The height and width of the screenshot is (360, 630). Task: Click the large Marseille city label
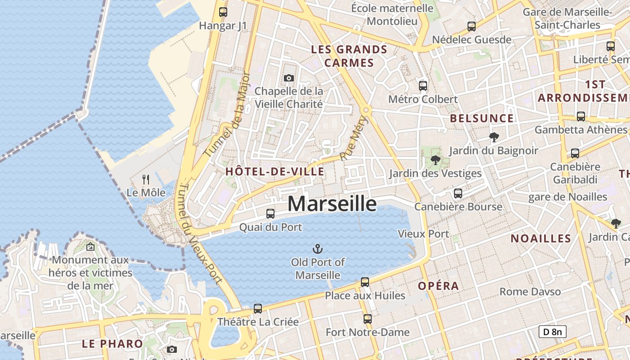(332, 204)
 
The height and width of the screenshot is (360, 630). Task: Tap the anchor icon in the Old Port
(318, 248)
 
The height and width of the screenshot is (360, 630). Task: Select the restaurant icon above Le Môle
(146, 180)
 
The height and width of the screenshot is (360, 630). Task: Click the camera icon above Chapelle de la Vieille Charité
(289, 78)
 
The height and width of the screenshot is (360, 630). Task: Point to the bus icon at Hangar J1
(223, 12)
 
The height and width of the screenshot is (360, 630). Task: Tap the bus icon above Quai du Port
(270, 214)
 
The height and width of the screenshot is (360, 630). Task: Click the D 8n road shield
(552, 332)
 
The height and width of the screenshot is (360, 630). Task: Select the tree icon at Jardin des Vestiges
(435, 160)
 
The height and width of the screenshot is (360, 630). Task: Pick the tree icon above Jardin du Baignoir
(494, 137)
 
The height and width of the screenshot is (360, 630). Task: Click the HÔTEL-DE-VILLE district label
(274, 171)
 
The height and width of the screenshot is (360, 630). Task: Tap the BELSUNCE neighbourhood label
(482, 118)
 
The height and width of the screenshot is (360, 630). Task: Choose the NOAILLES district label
(541, 238)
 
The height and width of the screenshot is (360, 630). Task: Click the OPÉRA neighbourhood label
(438, 286)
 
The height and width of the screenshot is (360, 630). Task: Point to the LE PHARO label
(112, 344)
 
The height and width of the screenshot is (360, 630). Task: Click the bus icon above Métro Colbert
(423, 85)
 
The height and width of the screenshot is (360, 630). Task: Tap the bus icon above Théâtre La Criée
(258, 308)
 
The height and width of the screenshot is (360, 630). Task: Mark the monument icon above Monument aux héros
(90, 247)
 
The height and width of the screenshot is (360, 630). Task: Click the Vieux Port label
(423, 234)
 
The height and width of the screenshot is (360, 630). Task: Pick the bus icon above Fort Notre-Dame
(368, 319)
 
